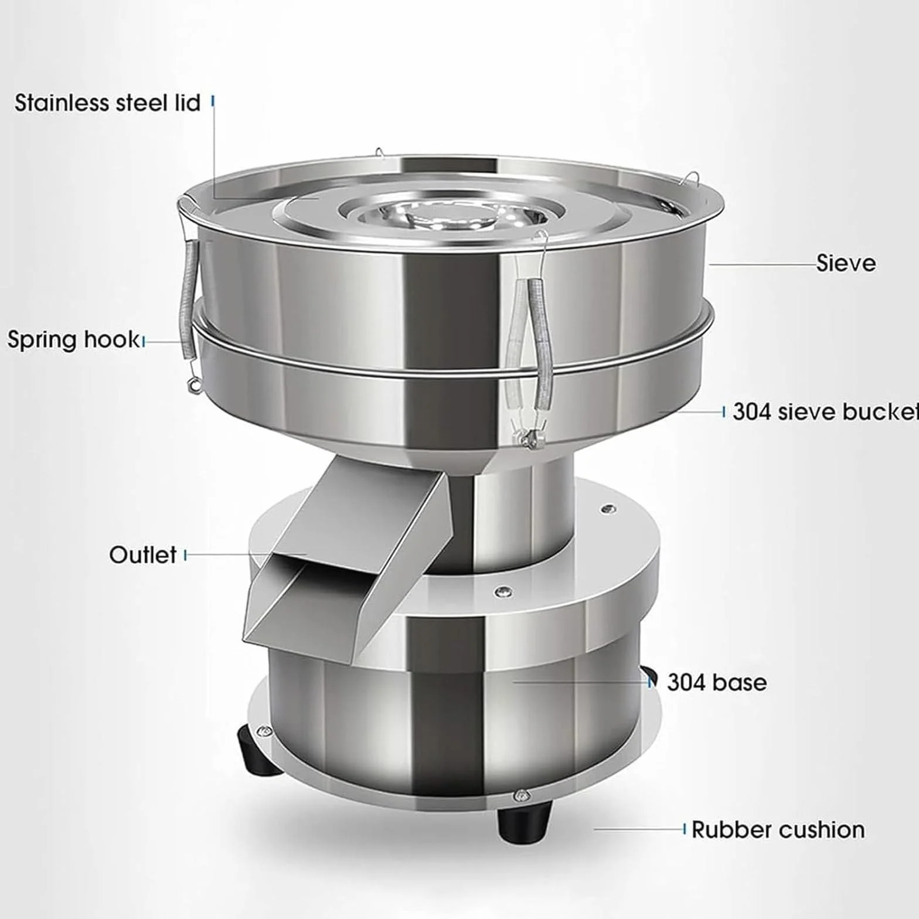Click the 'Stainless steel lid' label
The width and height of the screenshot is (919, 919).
pos(107,103)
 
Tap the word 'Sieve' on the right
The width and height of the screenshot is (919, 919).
pos(846,263)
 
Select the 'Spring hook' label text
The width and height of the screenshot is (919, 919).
pos(73,340)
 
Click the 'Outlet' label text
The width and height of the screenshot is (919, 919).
pos(142,554)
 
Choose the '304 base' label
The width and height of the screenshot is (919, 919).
pos(717,682)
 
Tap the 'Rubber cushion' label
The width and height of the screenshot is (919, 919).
pos(778,830)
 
